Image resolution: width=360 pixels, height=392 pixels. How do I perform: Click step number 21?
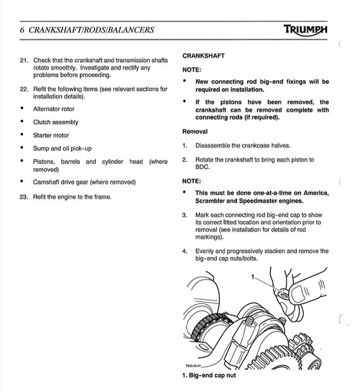coord(24,60)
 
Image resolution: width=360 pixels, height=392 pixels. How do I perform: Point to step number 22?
coord(24,89)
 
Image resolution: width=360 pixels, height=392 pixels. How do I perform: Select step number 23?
coord(24,196)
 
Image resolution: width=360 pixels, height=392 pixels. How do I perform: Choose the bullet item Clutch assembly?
coord(56,122)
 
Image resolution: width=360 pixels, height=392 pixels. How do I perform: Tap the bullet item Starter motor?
coord(51,136)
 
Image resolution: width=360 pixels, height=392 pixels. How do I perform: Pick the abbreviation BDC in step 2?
coord(202,167)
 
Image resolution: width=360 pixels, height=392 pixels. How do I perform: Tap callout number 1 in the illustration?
coord(253,277)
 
